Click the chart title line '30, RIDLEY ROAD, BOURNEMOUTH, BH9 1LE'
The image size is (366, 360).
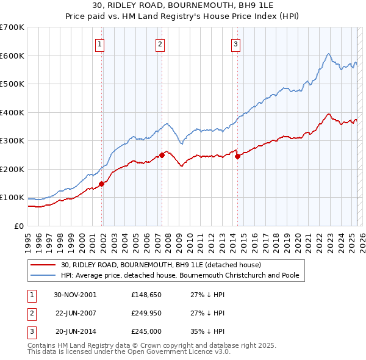pyautogui.click(x=182, y=6)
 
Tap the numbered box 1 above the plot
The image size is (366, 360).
pyautogui.click(x=99, y=43)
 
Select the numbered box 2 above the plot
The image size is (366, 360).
pyautogui.click(x=159, y=43)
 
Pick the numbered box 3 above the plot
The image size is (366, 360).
pyautogui.click(x=235, y=43)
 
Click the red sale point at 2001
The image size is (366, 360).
pyautogui.click(x=102, y=184)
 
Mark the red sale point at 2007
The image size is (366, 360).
pyautogui.click(x=162, y=155)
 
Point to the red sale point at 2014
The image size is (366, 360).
pyautogui.click(x=237, y=156)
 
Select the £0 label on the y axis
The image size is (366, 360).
pyautogui.click(x=18, y=226)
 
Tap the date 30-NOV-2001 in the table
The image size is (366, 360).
pyautogui.click(x=75, y=294)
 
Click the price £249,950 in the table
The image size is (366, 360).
pyautogui.click(x=145, y=312)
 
